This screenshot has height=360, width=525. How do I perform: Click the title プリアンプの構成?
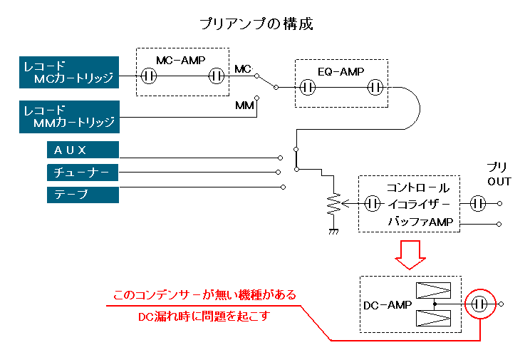[257, 24]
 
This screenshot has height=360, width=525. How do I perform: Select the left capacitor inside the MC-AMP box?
[149, 75]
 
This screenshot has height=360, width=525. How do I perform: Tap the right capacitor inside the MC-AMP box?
[217, 75]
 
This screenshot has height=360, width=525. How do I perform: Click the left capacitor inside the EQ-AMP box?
[308, 88]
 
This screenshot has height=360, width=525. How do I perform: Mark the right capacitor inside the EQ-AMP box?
[375, 88]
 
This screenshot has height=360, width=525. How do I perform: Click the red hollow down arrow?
[410, 254]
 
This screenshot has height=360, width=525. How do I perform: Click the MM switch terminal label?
[244, 105]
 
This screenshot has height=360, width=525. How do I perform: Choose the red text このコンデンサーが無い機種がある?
[204, 294]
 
